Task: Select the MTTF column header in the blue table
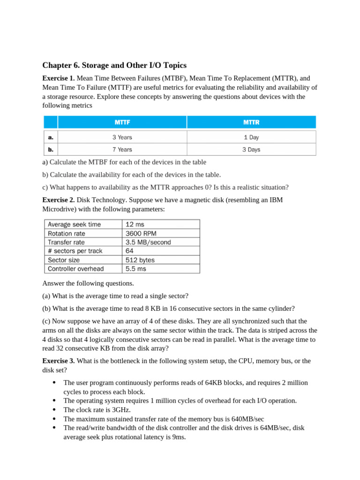click(x=122, y=122)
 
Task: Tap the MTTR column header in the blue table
click(x=251, y=122)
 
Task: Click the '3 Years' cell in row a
click(x=122, y=137)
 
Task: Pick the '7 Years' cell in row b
click(x=122, y=150)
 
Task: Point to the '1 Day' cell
click(x=251, y=137)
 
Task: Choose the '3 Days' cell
click(x=251, y=150)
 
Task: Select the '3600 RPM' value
click(x=142, y=233)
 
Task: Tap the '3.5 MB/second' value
click(x=148, y=242)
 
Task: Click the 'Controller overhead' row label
click(x=75, y=269)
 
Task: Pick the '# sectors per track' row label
click(x=75, y=251)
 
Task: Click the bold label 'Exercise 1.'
click(x=59, y=79)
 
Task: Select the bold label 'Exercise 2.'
click(x=59, y=200)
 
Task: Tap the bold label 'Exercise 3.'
click(x=59, y=361)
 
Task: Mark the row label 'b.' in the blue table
click(x=51, y=150)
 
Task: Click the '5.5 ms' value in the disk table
click(x=136, y=269)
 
